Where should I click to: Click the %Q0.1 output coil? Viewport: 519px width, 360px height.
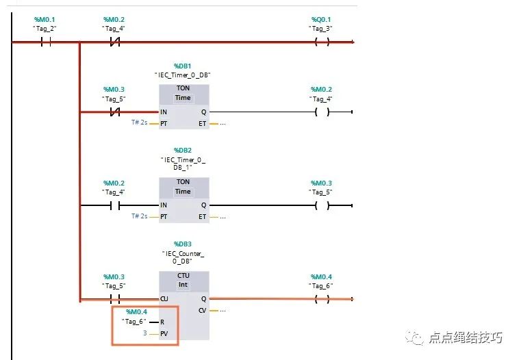(x=321, y=42)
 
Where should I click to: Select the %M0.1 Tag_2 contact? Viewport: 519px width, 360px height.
(x=46, y=42)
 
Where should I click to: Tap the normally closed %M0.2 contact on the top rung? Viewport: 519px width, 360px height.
(x=115, y=42)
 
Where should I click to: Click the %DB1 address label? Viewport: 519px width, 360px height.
(x=183, y=66)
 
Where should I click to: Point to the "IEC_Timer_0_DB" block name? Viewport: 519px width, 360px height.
(x=183, y=75)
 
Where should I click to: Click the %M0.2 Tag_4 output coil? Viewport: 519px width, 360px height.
(x=321, y=112)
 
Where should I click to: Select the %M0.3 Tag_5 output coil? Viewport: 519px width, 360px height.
(x=321, y=205)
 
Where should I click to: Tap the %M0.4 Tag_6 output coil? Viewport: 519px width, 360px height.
(x=321, y=298)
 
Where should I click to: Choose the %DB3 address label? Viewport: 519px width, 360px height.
(x=183, y=244)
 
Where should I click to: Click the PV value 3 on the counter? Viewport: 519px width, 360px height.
(x=144, y=333)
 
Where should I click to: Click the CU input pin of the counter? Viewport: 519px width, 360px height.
(x=164, y=299)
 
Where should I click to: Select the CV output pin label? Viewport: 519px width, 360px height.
(x=202, y=311)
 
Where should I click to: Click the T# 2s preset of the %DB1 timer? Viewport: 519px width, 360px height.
(x=139, y=123)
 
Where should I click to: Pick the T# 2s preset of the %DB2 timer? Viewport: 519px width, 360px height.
(x=139, y=217)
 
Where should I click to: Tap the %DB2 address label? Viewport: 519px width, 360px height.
(x=183, y=150)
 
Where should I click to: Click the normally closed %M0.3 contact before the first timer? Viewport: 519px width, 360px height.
(x=115, y=112)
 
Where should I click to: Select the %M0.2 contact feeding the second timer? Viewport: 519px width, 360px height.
(x=115, y=205)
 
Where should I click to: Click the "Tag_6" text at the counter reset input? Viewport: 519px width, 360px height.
(x=134, y=322)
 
